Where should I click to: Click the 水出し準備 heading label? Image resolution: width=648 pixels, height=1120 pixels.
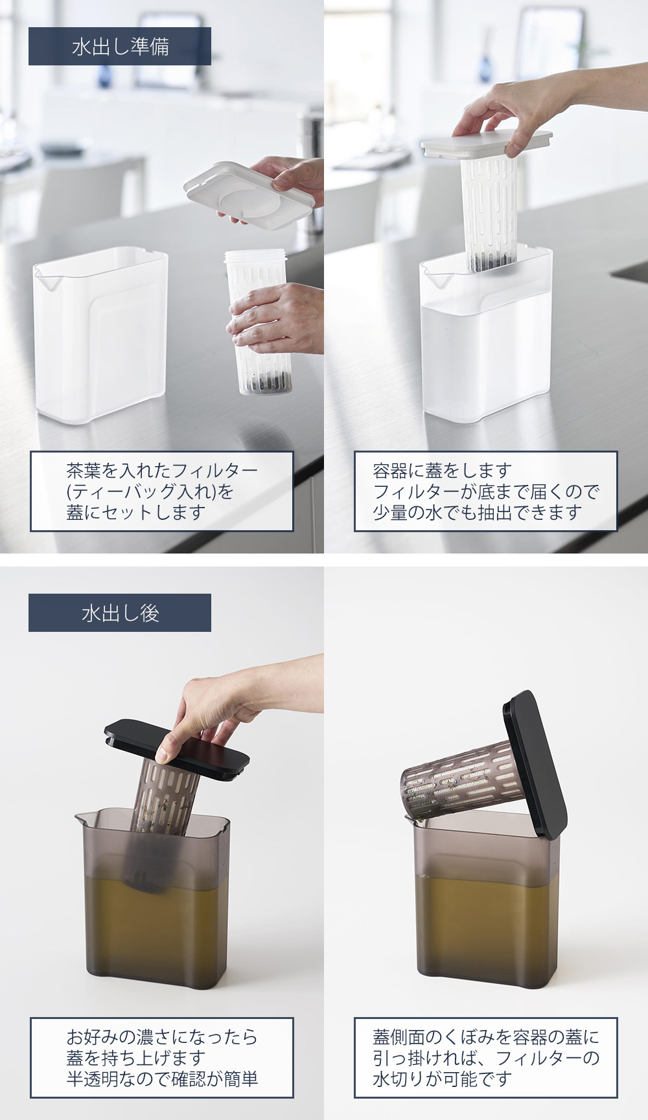120,47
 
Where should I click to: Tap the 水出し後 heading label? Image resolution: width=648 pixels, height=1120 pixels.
120,612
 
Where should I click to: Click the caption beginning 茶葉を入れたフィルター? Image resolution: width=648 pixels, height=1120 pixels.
161,491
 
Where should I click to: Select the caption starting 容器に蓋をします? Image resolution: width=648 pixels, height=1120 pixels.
485,491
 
